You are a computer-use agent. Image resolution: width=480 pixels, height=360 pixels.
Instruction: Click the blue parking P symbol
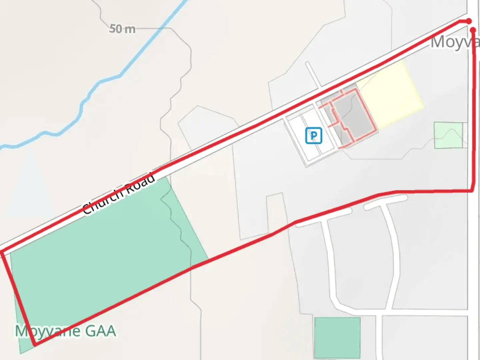314,136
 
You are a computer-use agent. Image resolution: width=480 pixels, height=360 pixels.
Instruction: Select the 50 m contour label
122,29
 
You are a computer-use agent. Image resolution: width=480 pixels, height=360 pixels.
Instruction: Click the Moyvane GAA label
66,331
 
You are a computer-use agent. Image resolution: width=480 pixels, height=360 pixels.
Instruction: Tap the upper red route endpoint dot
469,21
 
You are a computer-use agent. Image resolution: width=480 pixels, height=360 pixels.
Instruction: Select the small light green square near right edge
448,135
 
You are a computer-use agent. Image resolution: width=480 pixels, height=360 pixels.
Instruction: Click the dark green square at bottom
337,337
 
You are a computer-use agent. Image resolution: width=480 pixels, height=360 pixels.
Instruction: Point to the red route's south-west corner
34,344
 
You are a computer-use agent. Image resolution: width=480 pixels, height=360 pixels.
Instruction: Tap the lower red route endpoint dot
473,30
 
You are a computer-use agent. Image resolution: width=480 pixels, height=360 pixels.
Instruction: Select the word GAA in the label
100,331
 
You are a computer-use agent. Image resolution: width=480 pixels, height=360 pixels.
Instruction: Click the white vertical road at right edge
473,267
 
